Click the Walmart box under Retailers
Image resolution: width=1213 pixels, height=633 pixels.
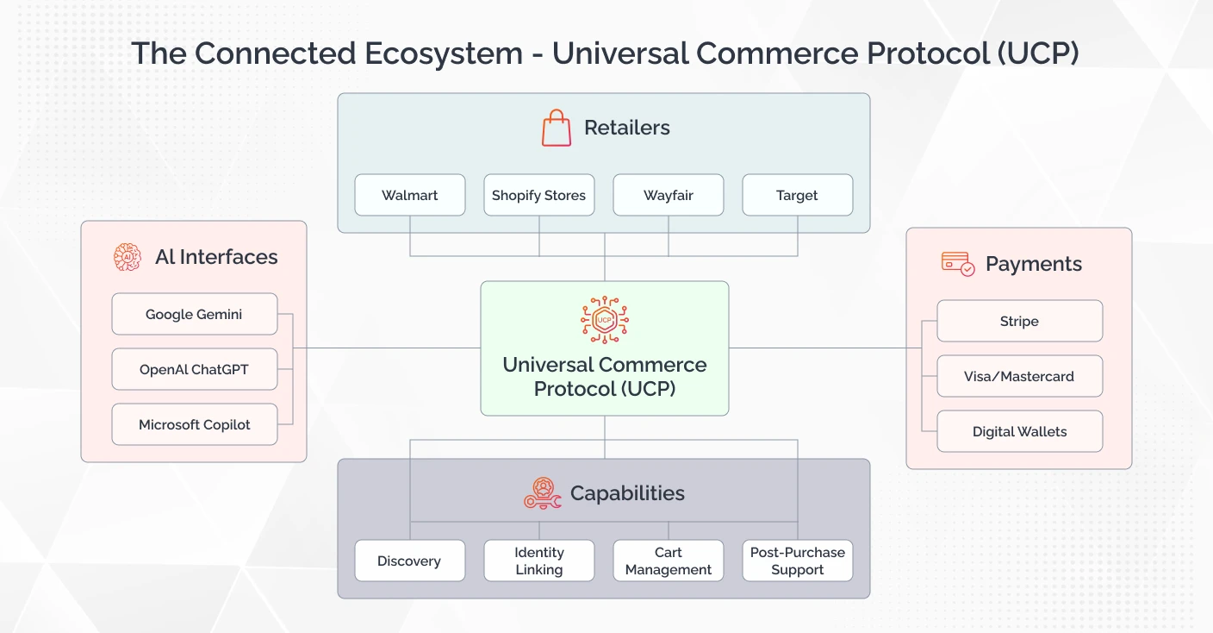coord(410,195)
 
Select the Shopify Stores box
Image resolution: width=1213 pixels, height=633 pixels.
coord(539,195)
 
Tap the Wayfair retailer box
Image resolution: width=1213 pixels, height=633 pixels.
coord(669,195)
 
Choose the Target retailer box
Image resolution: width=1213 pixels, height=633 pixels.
coord(797,195)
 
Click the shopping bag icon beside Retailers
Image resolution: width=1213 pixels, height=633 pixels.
coord(557,128)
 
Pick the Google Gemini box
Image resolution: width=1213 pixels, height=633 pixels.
coord(195,314)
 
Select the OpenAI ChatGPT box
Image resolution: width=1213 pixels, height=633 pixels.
coord(195,369)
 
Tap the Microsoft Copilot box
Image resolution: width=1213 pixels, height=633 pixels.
coord(195,424)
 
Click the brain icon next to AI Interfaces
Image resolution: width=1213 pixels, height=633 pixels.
coord(128,257)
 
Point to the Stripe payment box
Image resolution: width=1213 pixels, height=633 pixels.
coord(1019,321)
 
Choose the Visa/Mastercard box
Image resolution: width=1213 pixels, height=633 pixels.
coord(1019,376)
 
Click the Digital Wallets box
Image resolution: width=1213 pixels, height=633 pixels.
coord(1019,431)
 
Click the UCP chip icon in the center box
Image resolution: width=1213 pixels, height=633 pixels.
coord(605,320)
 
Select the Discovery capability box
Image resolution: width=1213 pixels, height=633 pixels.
coord(410,561)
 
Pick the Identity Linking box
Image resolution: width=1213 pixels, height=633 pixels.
coord(539,561)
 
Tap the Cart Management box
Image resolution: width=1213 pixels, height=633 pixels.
coord(669,561)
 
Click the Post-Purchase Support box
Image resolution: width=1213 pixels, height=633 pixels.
coord(797,561)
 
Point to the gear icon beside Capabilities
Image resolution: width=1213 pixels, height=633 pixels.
coord(543,493)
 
